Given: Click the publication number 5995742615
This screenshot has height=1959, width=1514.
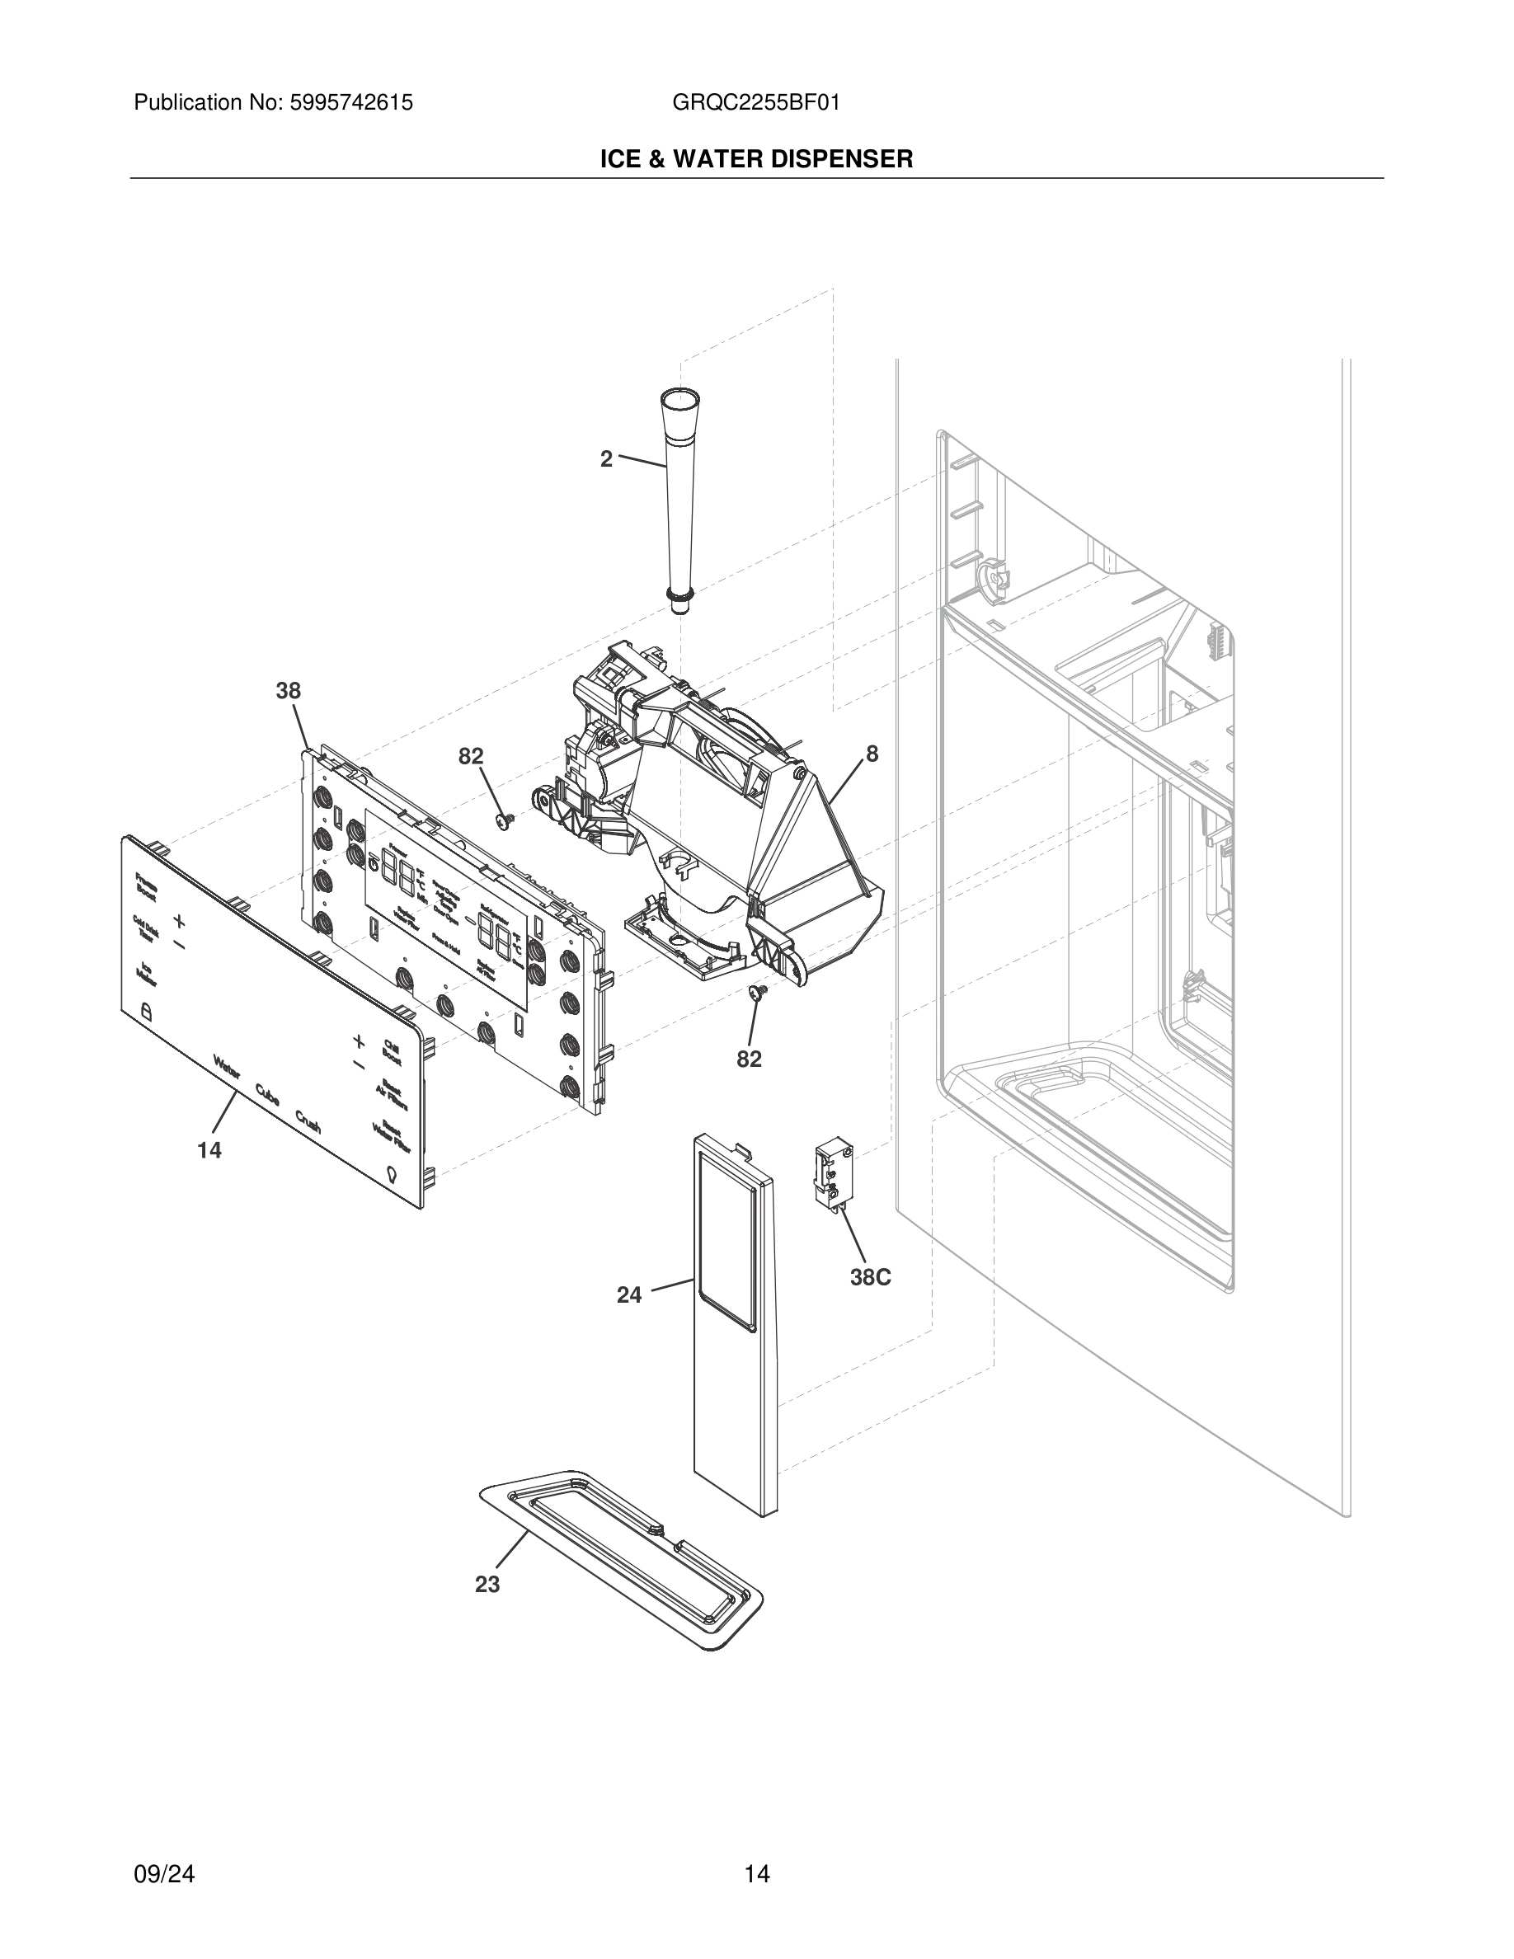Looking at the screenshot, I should (350, 103).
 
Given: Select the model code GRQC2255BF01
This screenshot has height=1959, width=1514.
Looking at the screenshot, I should (755, 103).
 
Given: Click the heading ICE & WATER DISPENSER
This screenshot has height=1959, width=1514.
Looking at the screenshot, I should (756, 160).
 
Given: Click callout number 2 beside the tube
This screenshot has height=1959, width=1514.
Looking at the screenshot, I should (606, 459).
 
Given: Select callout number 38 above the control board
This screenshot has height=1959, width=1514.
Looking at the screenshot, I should (288, 691).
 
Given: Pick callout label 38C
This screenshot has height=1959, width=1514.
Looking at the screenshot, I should (870, 1277).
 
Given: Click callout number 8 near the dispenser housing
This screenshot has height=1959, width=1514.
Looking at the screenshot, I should (872, 754).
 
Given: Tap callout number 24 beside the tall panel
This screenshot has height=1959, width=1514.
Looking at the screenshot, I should (628, 1294).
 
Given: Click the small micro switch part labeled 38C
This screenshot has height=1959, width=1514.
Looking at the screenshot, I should (832, 1175).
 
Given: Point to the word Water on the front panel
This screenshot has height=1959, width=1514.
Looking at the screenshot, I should (226, 1068).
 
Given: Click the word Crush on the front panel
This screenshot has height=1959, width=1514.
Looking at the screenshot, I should (308, 1121).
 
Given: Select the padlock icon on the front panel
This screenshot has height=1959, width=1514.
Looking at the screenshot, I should (147, 1012).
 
